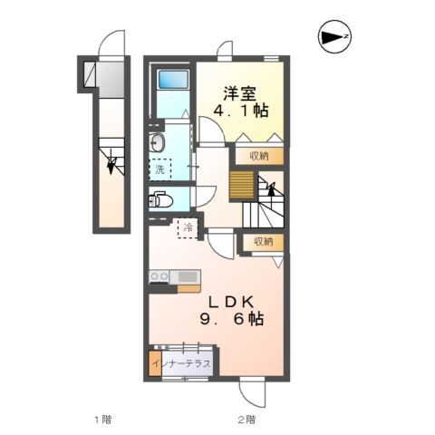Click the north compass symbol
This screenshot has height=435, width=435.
[334, 36]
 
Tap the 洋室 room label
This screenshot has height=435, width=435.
[240, 93]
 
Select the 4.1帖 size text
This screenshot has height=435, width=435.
[241, 111]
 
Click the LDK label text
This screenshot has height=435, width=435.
[231, 302]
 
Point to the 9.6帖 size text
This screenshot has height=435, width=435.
[232, 319]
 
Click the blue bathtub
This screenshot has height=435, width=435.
[173, 79]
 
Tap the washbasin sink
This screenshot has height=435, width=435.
[157, 142]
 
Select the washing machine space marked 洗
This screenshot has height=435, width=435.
[160, 169]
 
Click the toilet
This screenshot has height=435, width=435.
[160, 199]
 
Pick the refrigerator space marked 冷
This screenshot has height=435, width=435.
[188, 228]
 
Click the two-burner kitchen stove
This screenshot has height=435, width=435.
[159, 276]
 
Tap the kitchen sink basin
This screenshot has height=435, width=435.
[188, 276]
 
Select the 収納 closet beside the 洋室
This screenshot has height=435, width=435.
[259, 156]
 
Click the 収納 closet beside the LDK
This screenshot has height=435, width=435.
[264, 241]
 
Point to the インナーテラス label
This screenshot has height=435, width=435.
[181, 363]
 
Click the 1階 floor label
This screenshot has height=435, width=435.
[103, 420]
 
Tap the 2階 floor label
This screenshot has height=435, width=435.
[246, 420]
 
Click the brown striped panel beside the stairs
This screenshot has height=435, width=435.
[241, 185]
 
